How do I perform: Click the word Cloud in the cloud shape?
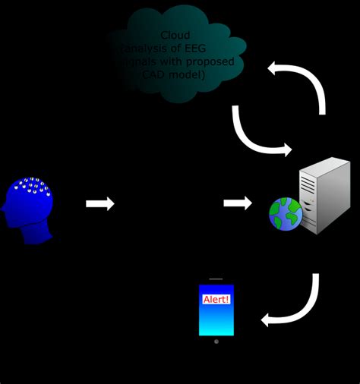pos(175,36)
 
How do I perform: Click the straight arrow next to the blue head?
pos(99,203)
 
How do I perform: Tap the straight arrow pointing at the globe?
pos(238,203)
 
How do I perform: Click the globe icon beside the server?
pos(286,214)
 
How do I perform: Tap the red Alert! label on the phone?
pos(216,299)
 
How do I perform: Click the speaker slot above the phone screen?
pos(216,279)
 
